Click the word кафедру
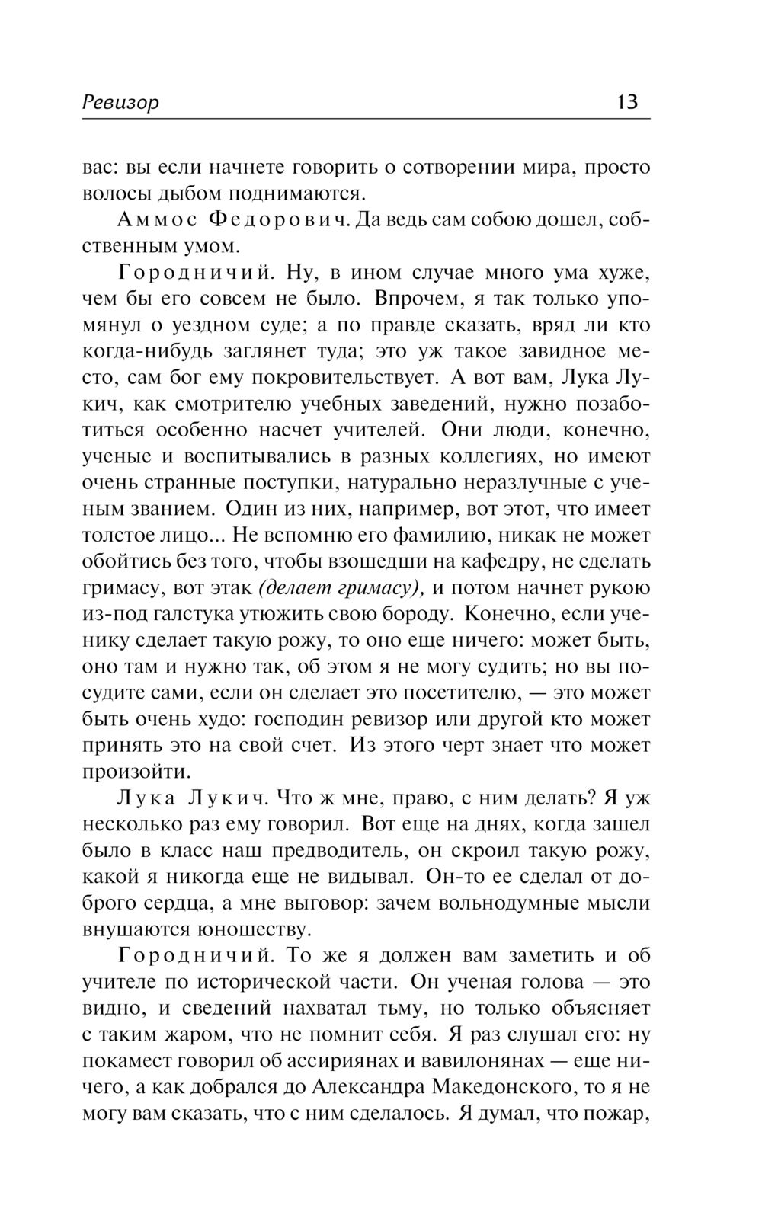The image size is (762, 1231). tap(507, 561)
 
